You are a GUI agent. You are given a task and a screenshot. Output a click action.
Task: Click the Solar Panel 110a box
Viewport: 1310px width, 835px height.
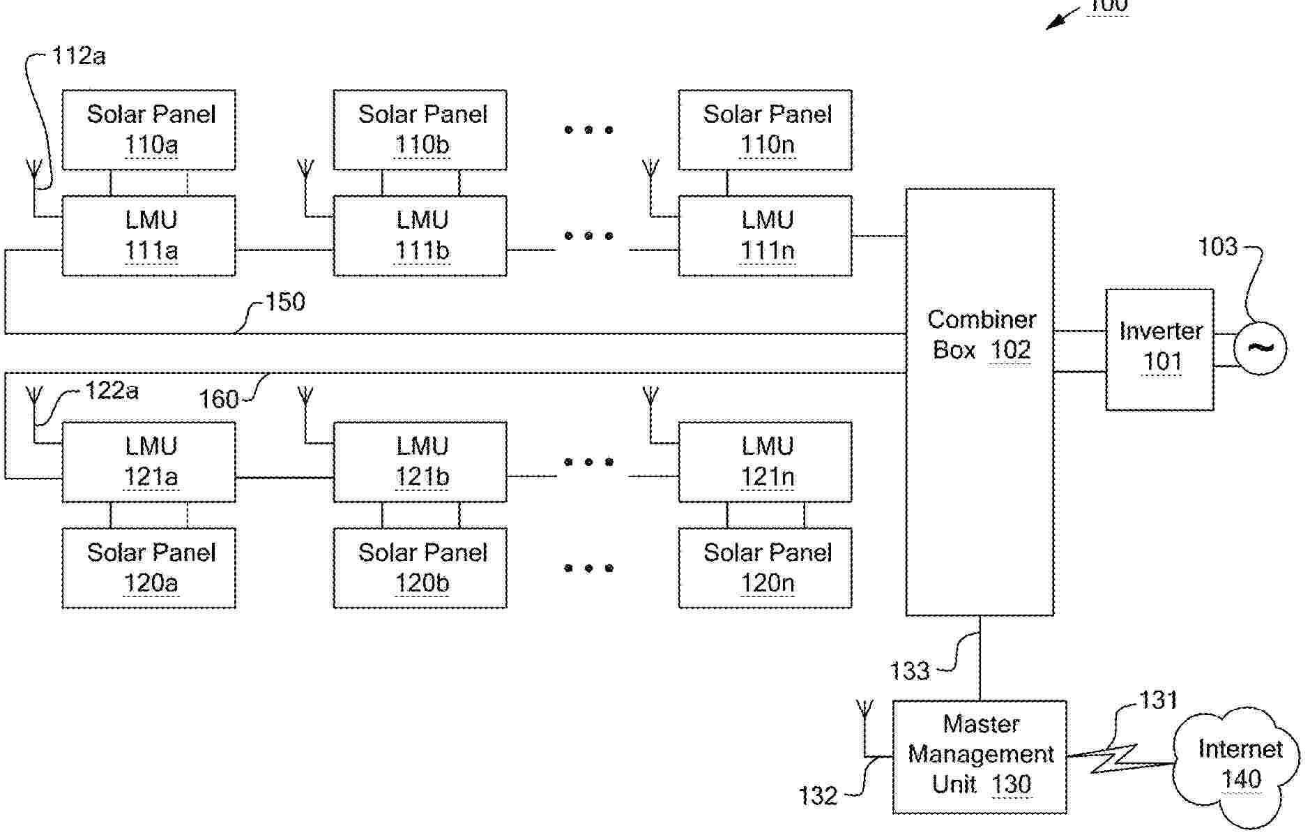(x=148, y=130)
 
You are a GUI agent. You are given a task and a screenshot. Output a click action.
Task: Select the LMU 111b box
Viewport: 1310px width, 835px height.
(x=420, y=236)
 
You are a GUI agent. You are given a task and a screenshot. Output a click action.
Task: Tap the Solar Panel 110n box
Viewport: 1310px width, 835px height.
(x=765, y=130)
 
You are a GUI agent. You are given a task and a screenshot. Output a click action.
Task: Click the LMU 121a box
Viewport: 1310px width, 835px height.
(x=148, y=462)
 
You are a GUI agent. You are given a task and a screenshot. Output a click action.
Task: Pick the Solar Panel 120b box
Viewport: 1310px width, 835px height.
(x=420, y=568)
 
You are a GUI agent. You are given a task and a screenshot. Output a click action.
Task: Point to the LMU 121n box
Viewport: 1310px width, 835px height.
(x=765, y=462)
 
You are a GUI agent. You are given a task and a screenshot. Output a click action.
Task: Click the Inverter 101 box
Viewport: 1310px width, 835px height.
(x=1159, y=349)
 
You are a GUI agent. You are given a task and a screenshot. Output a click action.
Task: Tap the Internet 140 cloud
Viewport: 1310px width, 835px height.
(x=1237, y=765)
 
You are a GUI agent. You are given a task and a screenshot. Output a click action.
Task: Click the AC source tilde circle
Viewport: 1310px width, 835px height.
(x=1260, y=348)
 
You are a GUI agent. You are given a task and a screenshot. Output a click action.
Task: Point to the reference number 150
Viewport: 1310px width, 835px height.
(x=284, y=303)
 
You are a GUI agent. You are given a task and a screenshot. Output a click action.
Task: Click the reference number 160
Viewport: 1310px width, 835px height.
(x=218, y=399)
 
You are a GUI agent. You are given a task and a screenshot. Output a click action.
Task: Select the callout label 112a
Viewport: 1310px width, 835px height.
(x=79, y=56)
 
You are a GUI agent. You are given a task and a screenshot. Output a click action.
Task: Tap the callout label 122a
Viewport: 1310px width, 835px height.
(x=112, y=390)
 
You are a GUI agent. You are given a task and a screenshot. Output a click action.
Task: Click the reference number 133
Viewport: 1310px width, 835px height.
(x=910, y=671)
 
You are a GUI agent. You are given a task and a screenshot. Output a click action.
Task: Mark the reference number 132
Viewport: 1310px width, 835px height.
(x=817, y=796)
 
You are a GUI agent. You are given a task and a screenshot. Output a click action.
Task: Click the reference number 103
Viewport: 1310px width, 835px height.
(x=1217, y=247)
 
